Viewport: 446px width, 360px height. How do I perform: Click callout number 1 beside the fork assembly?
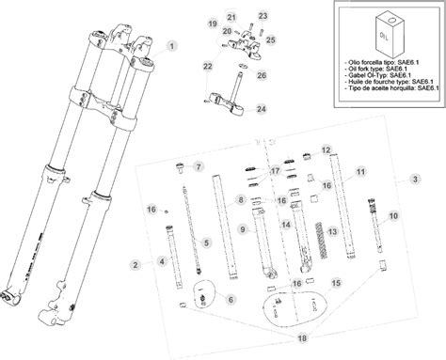pyautogui.click(x=172, y=44)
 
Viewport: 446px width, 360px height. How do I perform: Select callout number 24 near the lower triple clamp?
pyautogui.click(x=235, y=109)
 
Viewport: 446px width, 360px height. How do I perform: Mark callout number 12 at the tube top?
pyautogui.click(x=326, y=149)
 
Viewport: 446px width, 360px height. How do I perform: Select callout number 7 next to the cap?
pyautogui.click(x=199, y=166)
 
